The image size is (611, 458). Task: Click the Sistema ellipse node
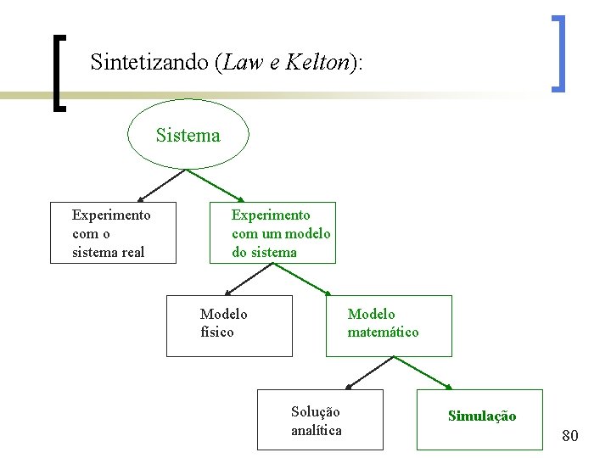click(188, 136)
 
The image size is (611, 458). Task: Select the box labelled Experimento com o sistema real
click(113, 233)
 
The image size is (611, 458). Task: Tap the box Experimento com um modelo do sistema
click(273, 233)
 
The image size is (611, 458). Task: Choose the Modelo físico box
click(229, 326)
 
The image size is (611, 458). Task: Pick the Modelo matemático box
click(389, 326)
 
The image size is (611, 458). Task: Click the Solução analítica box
click(320, 419)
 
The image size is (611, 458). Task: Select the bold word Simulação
click(481, 416)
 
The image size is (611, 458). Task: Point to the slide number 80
click(570, 436)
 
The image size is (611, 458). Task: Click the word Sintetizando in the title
click(149, 62)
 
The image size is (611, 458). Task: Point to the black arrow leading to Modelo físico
click(250, 279)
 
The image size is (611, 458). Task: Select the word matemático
click(383, 332)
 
